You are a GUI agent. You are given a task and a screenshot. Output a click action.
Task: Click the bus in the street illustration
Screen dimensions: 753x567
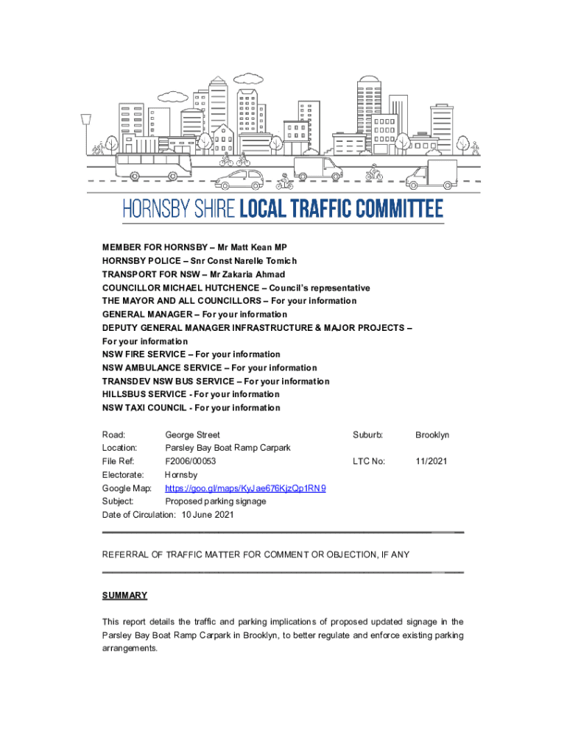click(x=153, y=166)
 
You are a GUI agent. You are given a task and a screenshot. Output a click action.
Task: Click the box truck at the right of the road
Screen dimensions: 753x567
click(x=432, y=174)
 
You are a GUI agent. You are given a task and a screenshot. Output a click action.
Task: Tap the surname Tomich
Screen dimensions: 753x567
click(x=279, y=261)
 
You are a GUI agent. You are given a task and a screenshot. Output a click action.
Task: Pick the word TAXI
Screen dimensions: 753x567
click(x=133, y=407)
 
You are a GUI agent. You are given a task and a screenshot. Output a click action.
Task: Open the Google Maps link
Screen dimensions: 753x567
click(x=245, y=488)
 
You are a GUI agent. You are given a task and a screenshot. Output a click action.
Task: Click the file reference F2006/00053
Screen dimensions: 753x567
click(x=190, y=461)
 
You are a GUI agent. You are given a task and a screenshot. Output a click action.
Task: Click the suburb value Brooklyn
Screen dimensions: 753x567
click(x=432, y=435)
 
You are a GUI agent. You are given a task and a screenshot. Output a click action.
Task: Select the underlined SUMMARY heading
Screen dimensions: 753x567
click(x=124, y=595)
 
